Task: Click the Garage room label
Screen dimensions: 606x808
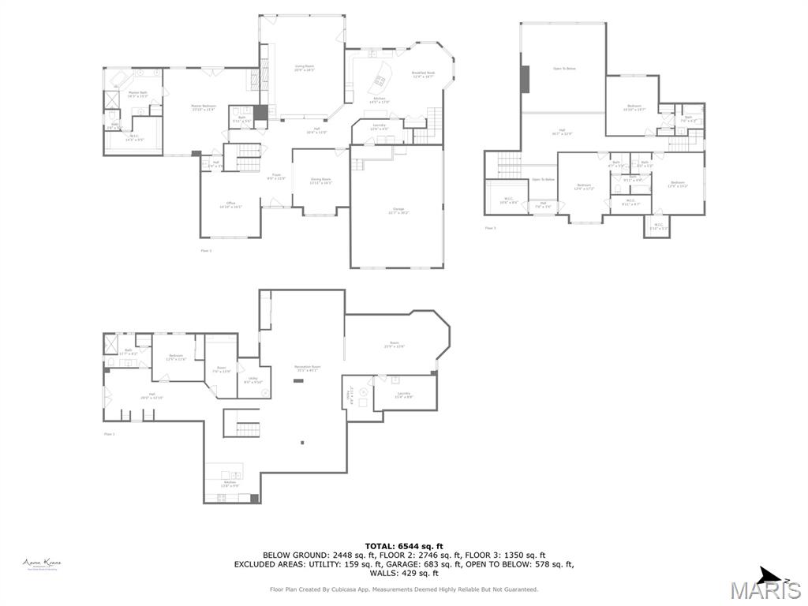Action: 400,211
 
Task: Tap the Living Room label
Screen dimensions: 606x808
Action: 305,69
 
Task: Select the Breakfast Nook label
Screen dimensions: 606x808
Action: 423,75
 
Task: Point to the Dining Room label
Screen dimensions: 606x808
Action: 320,181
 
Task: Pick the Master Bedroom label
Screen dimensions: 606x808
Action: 204,107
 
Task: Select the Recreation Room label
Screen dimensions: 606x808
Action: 305,368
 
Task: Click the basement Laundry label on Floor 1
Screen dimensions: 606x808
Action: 404,395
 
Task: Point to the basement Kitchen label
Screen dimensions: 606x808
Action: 230,484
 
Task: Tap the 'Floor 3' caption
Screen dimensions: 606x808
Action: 491,228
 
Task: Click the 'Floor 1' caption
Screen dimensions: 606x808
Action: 109,434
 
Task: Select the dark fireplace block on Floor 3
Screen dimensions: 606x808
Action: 525,79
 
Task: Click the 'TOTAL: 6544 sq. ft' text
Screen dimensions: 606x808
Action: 404,546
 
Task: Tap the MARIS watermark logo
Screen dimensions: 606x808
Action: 765,589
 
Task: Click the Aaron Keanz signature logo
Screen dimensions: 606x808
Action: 41,563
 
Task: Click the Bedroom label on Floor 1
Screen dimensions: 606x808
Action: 176,357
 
